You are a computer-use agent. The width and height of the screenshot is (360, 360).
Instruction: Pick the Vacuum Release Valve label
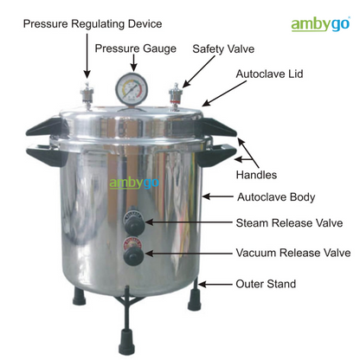click(293, 254)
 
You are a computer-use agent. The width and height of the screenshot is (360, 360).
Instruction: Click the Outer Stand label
click(267, 283)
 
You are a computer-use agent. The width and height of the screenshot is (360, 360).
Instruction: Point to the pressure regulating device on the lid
click(87, 92)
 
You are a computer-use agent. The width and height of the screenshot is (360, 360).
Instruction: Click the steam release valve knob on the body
click(132, 222)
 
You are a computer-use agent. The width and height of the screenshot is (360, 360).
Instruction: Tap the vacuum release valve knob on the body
click(132, 257)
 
